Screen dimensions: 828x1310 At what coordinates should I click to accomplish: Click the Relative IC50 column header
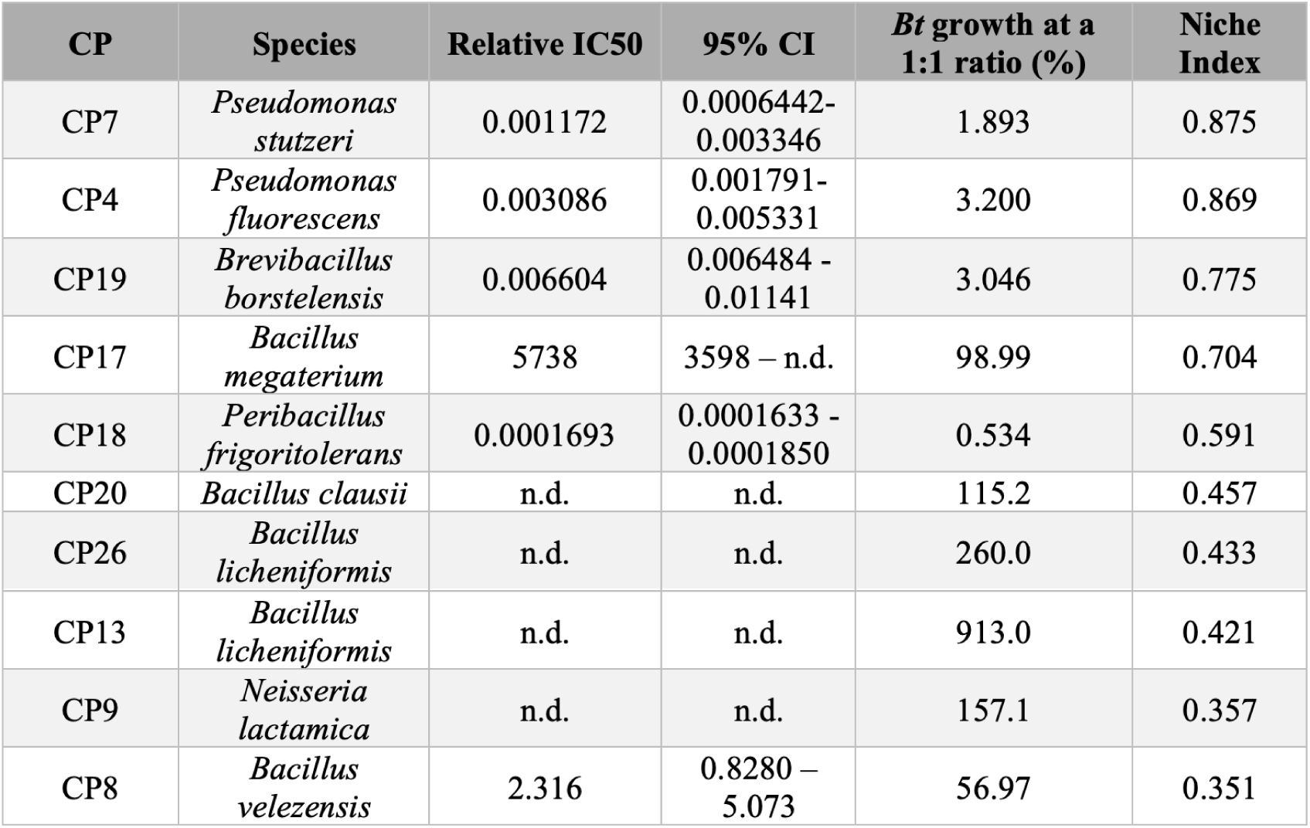tap(544, 44)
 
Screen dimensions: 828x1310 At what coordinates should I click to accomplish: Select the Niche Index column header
tap(1219, 43)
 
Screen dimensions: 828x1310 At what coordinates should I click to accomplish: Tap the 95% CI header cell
tap(757, 44)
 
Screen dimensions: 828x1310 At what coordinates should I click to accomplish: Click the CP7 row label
tap(90, 122)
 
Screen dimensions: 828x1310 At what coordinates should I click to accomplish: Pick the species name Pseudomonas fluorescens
tap(304, 199)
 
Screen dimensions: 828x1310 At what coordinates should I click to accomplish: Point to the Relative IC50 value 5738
tap(544, 357)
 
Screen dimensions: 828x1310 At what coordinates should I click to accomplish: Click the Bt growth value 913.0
tap(992, 632)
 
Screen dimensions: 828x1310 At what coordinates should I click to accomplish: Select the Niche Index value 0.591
tap(1219, 435)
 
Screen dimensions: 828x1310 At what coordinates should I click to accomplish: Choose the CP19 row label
tap(90, 279)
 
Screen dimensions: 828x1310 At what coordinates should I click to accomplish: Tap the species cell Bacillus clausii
tap(304, 494)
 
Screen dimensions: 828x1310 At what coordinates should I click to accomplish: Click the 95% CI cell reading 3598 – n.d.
tap(757, 357)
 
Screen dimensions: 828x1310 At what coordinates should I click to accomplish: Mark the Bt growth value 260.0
tap(992, 553)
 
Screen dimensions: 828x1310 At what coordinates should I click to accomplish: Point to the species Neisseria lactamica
tap(304, 710)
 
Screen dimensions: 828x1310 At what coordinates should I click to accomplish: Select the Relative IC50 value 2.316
tap(544, 788)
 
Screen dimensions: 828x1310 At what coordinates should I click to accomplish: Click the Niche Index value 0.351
tap(1219, 788)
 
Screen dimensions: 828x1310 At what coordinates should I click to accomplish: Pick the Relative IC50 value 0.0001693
tap(544, 435)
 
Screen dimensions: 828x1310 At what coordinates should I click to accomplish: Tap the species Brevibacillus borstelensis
tap(304, 279)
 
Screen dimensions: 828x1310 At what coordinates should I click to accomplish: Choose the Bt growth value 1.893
tap(992, 122)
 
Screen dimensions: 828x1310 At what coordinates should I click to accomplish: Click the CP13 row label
tap(90, 632)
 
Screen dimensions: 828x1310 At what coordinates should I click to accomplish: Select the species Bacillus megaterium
tap(304, 357)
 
